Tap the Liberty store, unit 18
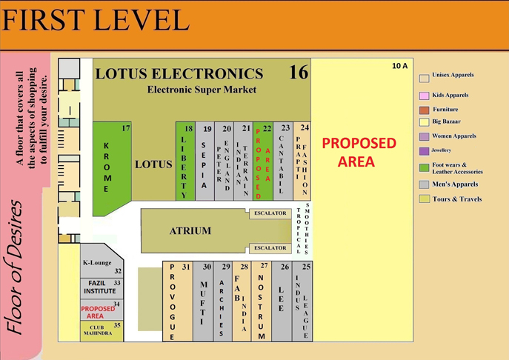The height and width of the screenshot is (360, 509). (x=184, y=163)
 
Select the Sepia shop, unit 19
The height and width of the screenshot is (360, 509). (x=204, y=163)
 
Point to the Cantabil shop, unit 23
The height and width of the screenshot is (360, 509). (x=282, y=163)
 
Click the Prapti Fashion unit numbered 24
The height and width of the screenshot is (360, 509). (x=302, y=163)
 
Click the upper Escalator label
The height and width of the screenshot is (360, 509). (x=270, y=213)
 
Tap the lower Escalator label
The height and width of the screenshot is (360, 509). (x=270, y=248)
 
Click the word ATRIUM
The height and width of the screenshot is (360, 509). (x=190, y=231)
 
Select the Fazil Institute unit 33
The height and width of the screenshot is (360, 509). (x=100, y=287)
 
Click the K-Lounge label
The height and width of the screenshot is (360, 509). (x=96, y=264)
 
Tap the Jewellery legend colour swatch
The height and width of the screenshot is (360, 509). (x=425, y=151)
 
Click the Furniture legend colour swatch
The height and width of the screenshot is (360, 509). (x=425, y=110)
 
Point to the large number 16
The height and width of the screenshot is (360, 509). (x=298, y=73)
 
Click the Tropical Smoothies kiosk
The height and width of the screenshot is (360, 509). (x=302, y=230)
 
